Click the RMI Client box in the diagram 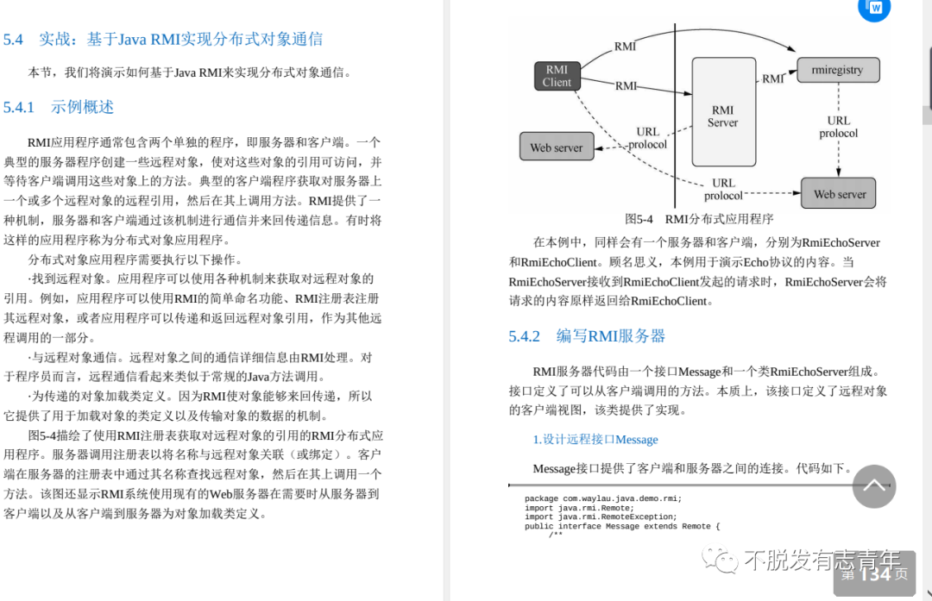[557, 76]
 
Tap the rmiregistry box [836, 70]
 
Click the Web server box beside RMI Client [556, 147]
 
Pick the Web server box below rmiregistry [839, 194]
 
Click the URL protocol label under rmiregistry [838, 127]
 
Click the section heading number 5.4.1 [19, 108]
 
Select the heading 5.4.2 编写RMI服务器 [587, 336]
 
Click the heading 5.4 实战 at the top [163, 39]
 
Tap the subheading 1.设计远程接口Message [595, 440]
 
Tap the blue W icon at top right [875, 8]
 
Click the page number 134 [875, 573]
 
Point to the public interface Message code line [621, 527]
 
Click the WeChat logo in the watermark [721, 561]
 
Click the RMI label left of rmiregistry [772, 78]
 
